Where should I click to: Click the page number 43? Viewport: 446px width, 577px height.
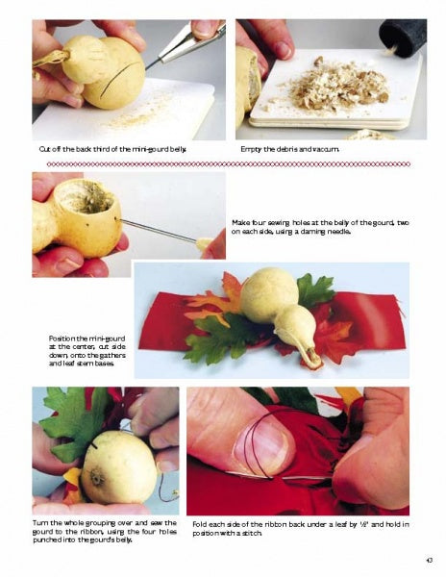(429, 561)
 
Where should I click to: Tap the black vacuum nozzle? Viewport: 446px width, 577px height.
(403, 38)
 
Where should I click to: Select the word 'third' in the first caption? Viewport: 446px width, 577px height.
(101, 149)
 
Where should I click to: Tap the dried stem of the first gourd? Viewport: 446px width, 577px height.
(51, 60)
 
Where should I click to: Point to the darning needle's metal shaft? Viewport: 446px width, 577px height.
(158, 231)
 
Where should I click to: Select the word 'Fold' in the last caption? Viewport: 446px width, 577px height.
(199, 525)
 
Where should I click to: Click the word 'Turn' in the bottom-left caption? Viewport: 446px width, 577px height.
(39, 523)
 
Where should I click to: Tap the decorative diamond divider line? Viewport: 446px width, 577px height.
(228, 163)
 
